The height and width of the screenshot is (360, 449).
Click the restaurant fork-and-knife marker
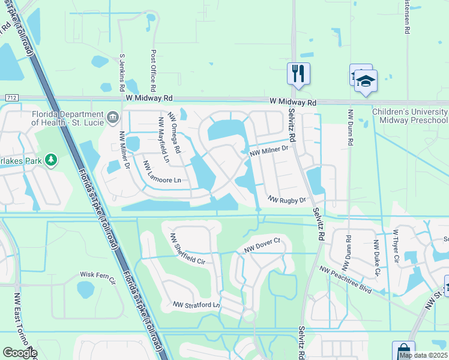298,74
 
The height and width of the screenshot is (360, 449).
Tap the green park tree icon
52,160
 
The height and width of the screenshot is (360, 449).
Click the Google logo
20,353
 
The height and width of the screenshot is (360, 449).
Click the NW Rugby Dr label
287,199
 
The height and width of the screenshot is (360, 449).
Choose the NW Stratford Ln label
196,305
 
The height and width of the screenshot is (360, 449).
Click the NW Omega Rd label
174,134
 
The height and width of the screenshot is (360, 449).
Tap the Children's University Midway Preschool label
410,116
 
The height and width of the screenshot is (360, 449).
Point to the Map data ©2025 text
423,355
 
